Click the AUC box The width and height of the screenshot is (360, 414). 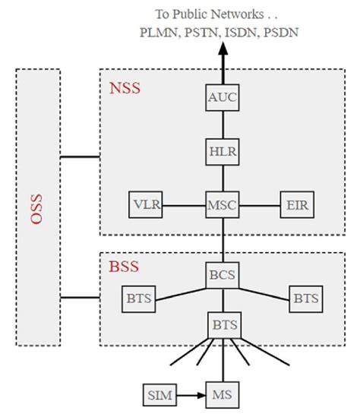pos(223,98)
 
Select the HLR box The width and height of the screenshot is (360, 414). pos(223,150)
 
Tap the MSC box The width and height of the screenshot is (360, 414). pos(223,204)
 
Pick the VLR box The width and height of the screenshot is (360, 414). pos(146,204)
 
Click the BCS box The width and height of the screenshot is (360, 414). pos(223,274)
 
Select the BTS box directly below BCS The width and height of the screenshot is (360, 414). pos(223,326)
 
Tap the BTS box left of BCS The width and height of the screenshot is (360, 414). pos(138,298)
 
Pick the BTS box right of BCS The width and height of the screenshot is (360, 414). pos(306,298)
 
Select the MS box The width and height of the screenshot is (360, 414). pos(223,395)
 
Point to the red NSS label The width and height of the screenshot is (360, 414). pos(125,89)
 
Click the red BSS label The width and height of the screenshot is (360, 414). pos(124,267)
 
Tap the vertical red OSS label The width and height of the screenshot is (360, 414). pos(37,207)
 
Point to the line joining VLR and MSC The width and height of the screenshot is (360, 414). pos(184,204)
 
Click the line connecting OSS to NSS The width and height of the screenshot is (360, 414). pos(81,157)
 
